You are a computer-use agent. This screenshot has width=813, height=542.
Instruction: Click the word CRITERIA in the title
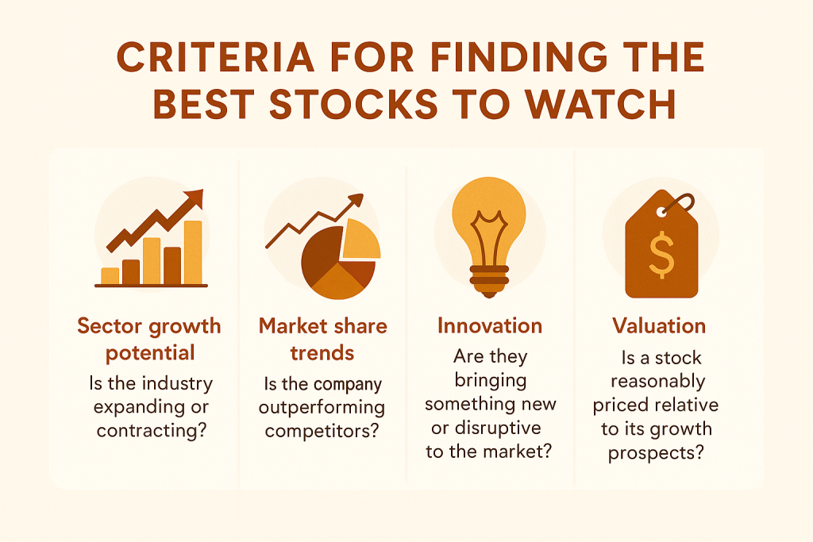coord(216,56)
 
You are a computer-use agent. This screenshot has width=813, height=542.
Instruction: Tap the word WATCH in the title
coord(600,104)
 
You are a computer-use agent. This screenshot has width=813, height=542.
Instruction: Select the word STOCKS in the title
coord(354,104)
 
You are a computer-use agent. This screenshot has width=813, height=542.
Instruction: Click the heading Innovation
coord(490,326)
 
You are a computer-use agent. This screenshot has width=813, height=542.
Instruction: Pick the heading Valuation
coord(659,326)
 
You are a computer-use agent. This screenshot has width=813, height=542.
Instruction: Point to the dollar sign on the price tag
coord(661,255)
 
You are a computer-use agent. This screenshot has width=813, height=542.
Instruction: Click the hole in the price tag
coord(663,212)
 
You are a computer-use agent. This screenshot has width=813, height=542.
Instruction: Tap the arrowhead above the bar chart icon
coord(195,198)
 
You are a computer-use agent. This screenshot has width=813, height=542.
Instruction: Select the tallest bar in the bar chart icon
coord(193,253)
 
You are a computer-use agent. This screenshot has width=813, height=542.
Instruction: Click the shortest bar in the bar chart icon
coord(110,276)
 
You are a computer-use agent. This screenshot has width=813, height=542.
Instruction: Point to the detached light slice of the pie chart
coord(360,240)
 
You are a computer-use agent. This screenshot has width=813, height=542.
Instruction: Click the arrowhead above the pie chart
coord(356,201)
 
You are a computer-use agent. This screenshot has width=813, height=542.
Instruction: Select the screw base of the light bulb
coord(489,282)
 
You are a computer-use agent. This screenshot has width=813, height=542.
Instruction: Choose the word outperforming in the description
coord(322,408)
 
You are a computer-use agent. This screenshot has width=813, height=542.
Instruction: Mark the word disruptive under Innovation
coord(497,428)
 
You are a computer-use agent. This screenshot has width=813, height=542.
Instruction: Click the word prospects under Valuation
coord(656,453)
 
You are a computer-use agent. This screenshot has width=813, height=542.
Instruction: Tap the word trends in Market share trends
coord(322,353)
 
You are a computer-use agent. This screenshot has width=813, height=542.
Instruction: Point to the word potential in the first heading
coord(150,353)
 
